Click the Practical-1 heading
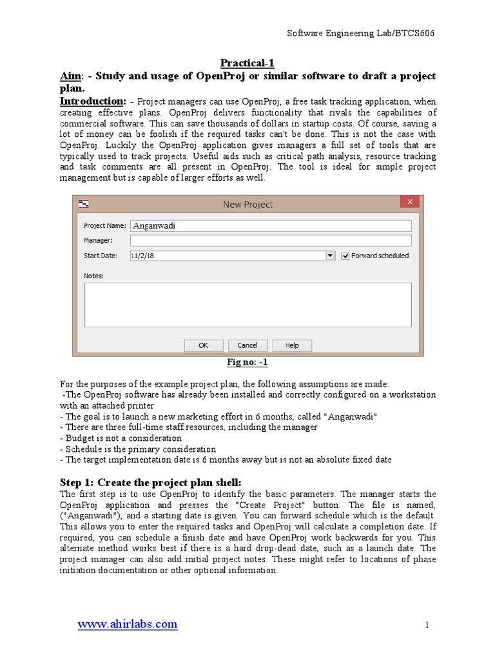point(247,63)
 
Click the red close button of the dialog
point(409,203)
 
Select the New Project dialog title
point(247,204)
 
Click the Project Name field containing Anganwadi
point(271,226)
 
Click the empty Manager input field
point(271,240)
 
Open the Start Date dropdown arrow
point(331,256)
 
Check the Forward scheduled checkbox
point(345,256)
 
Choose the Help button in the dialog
point(292,345)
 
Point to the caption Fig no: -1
point(247,363)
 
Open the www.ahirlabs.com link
point(128,624)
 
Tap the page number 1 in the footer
point(427,625)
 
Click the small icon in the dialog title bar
point(83,204)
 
